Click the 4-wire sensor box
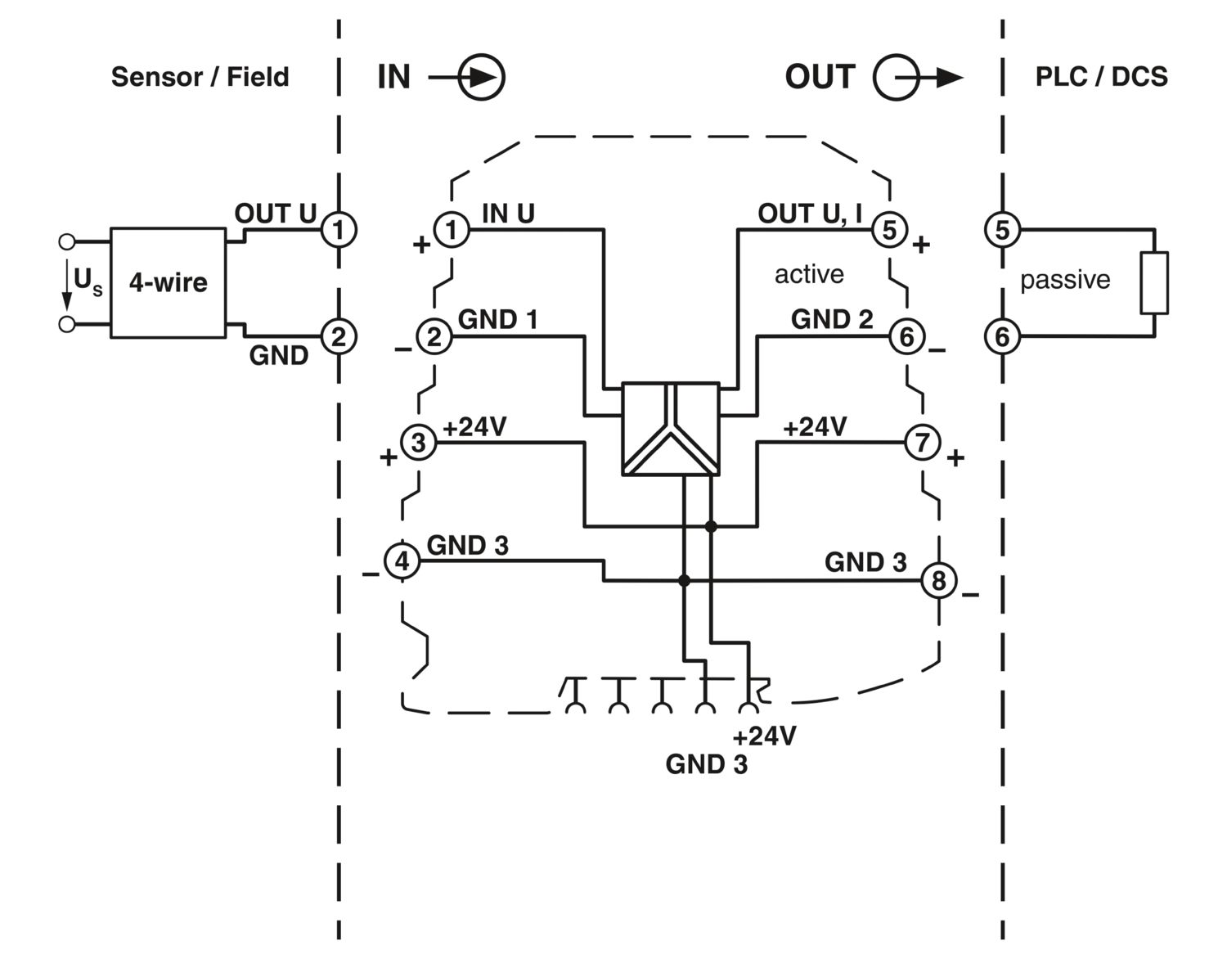168,283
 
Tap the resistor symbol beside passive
1154,283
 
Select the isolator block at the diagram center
671,429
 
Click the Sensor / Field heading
200,77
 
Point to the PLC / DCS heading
1101,77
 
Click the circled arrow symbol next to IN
481,78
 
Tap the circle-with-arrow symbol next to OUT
897,78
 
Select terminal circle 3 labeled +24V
419,443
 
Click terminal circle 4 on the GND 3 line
402,561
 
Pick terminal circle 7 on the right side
923,443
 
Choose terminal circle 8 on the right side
938,580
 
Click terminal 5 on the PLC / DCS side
1002,230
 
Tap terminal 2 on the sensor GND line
339,336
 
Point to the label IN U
508,214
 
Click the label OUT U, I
810,214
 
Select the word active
809,274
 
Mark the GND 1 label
497,319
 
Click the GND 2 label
832,319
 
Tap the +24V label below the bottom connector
764,736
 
